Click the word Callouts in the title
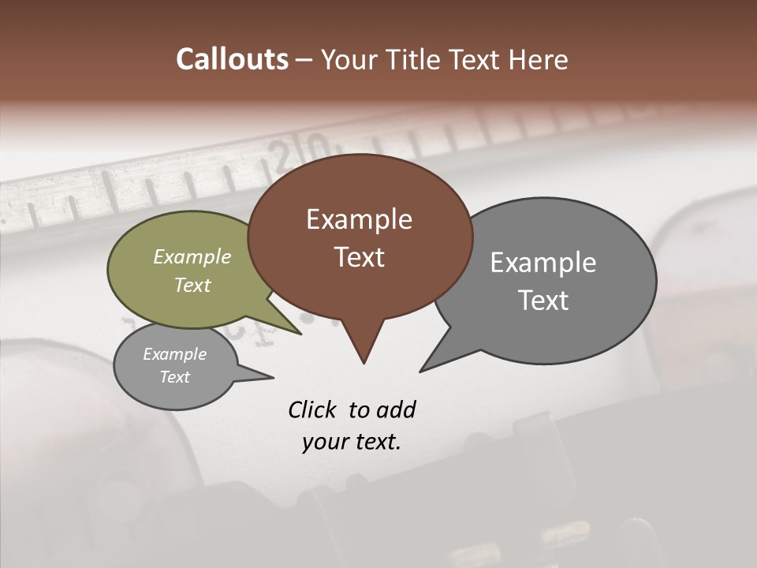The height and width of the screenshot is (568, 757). (232, 59)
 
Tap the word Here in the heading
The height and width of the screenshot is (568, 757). (536, 59)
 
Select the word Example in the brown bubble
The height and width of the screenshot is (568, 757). (359, 219)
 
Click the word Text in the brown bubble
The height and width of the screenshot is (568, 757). (359, 256)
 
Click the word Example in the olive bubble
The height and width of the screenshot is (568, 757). (192, 256)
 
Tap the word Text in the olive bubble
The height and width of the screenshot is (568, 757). (192, 285)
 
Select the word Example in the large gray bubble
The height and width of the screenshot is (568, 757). (543, 262)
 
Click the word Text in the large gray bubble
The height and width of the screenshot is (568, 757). (543, 300)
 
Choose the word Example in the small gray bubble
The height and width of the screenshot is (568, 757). (175, 354)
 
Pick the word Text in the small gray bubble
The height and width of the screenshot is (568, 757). (175, 377)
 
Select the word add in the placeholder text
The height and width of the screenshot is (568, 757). (396, 409)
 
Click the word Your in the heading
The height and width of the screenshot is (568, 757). (350, 59)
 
